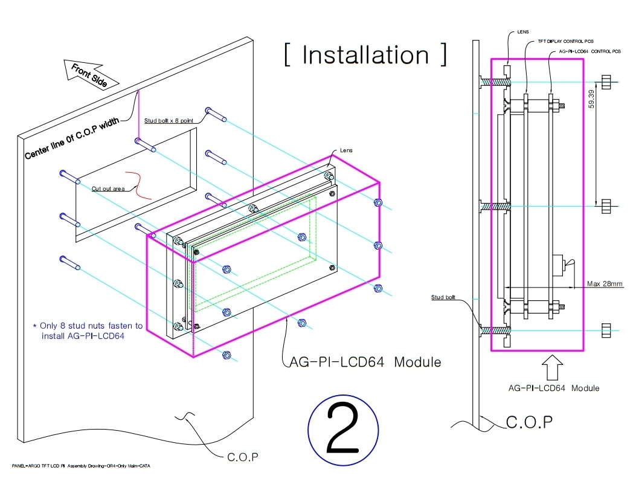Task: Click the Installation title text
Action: click(x=366, y=55)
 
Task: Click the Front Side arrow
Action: click(x=88, y=75)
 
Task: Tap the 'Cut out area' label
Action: click(x=108, y=189)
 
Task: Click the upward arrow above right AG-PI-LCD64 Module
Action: click(x=553, y=366)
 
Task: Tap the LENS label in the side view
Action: click(x=524, y=31)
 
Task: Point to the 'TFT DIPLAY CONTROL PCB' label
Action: click(x=562, y=42)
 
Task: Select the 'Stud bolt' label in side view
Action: click(x=443, y=297)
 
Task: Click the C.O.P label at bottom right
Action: click(x=528, y=422)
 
